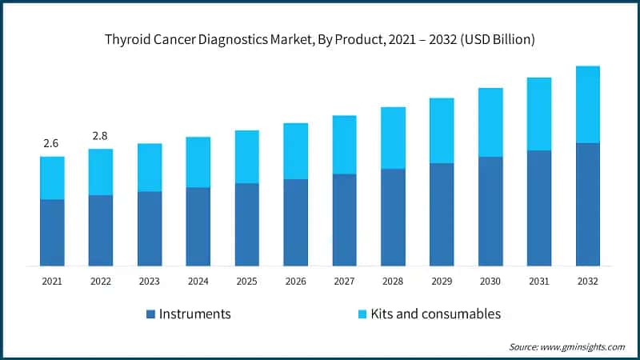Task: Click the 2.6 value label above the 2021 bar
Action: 51,143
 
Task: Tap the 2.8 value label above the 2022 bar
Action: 100,136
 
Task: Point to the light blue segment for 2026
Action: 295,150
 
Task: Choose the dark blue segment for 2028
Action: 393,217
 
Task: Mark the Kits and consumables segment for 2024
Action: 198,162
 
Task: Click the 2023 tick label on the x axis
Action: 149,282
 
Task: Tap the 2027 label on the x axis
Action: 344,282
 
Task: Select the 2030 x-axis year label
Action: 490,282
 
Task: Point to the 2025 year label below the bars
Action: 246,282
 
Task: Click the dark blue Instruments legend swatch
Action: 150,314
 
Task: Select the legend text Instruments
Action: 195,314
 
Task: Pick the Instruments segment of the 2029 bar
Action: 442,214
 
